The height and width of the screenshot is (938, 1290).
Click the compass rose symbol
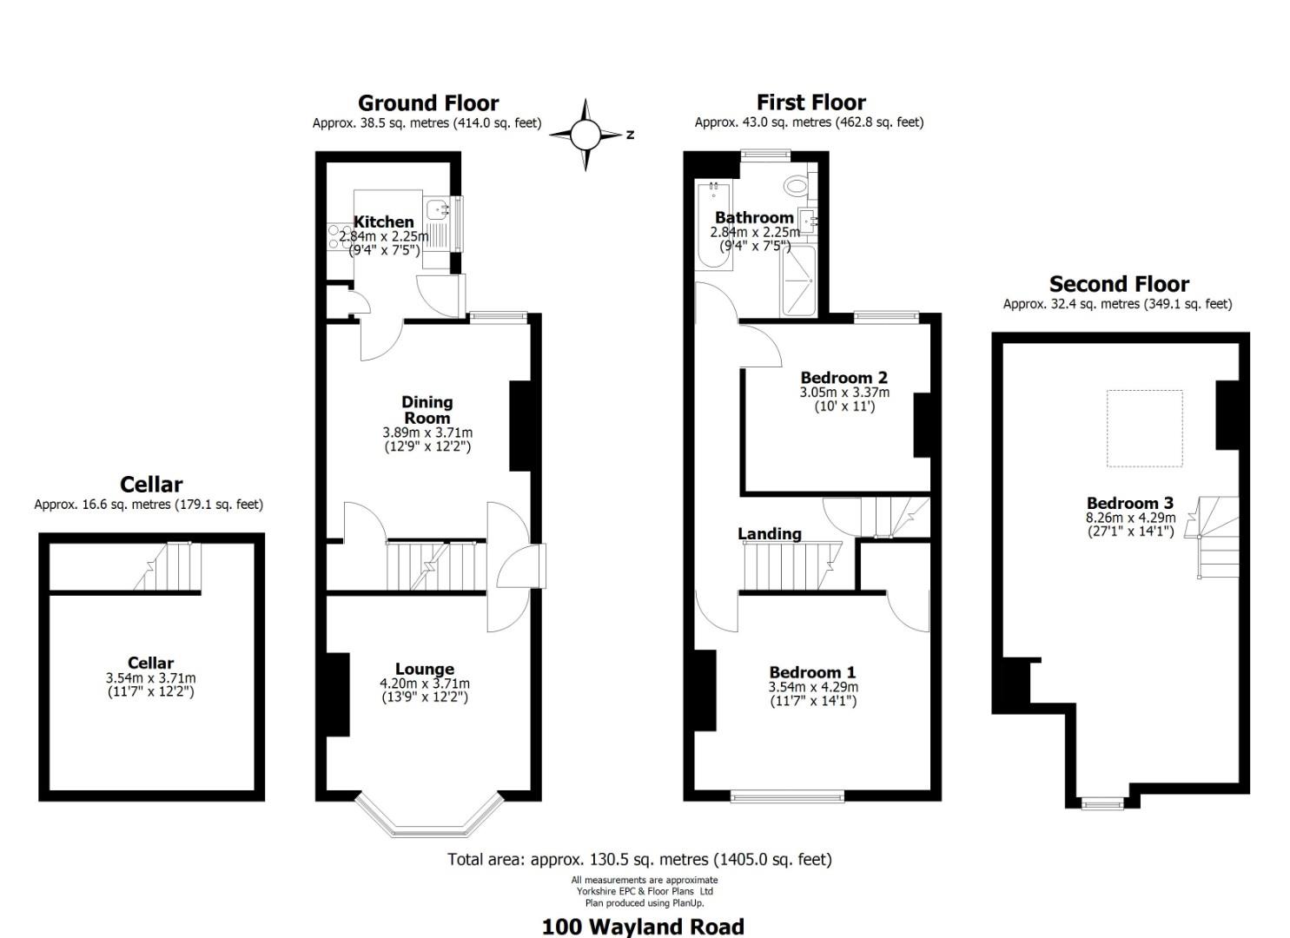[x=585, y=135]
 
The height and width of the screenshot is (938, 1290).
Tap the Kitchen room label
[x=383, y=221]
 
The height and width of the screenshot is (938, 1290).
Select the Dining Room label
[x=427, y=409]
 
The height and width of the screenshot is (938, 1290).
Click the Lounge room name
[x=424, y=669]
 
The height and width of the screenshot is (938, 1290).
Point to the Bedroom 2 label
[x=843, y=377]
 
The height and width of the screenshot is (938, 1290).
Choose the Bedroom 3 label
[x=1129, y=503]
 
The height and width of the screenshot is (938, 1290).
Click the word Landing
[x=770, y=533]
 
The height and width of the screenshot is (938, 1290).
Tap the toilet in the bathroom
[x=796, y=184]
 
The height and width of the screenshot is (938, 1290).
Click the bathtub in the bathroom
[x=712, y=226]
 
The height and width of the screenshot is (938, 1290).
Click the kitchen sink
[x=438, y=208]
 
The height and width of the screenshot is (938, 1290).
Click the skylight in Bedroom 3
[x=1144, y=428]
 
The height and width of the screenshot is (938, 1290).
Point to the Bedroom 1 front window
[x=787, y=795]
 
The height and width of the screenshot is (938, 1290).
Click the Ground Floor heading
[x=428, y=103]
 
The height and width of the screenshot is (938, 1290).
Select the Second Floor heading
[x=1119, y=284]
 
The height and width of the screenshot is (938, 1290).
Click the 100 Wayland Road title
[x=643, y=926]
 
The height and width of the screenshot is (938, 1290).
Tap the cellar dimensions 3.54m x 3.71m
[x=150, y=678]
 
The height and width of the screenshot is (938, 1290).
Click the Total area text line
[x=639, y=859]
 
